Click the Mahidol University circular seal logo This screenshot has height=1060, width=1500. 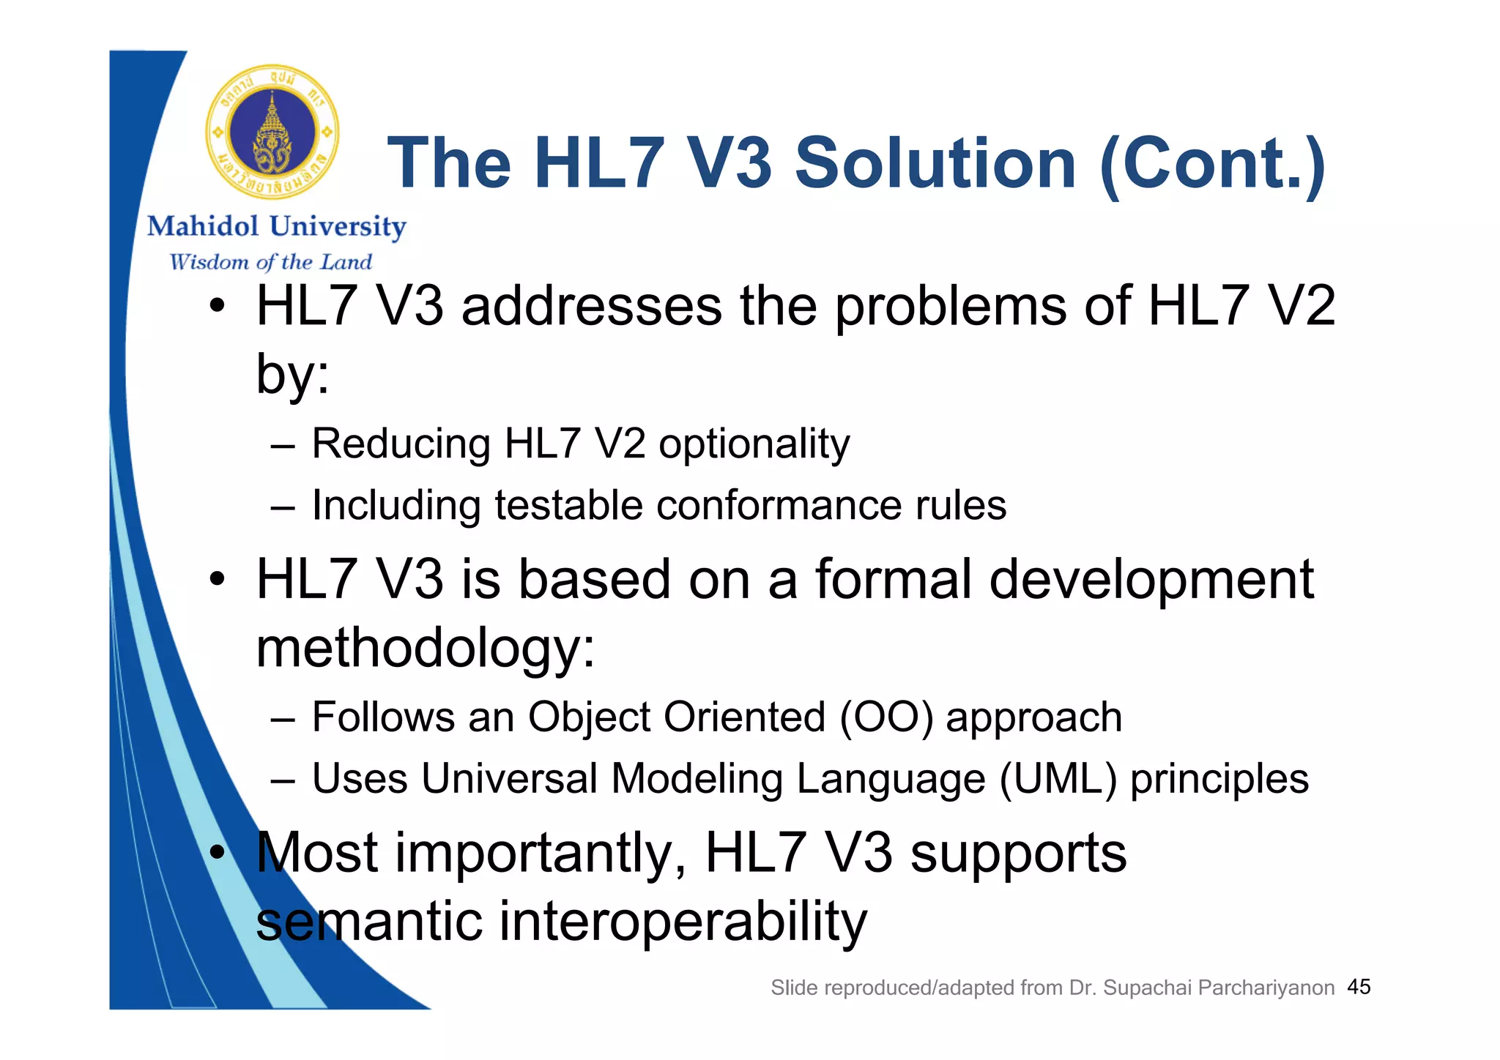272,132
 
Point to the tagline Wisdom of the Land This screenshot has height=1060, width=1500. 270,261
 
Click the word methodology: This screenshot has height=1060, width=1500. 426,649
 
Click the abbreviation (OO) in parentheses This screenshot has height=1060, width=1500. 886,717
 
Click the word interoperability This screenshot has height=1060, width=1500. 683,921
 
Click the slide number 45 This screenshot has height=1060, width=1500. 1359,987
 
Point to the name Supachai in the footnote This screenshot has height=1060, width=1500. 1147,988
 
